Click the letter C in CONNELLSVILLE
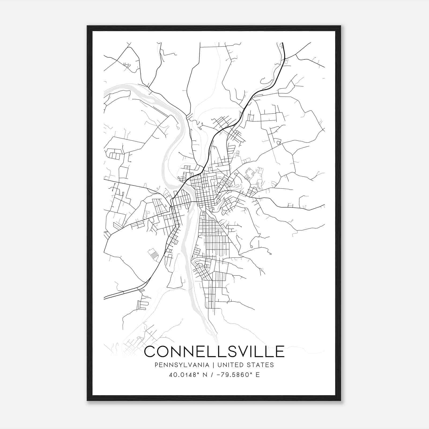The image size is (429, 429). coord(151,351)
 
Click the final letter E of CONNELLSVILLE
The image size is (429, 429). coord(279,351)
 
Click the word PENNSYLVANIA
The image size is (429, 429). coord(178,365)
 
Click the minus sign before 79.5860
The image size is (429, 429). coord(221,375)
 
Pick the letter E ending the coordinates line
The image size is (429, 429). coord(258,375)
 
